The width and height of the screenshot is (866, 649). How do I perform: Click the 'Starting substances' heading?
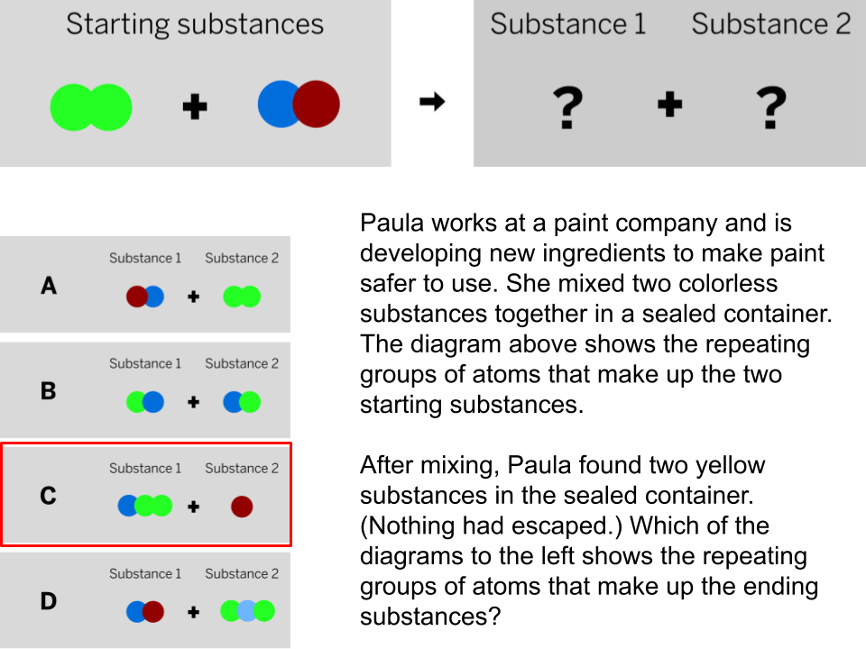pos(195,25)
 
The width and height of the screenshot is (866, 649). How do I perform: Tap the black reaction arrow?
pos(432,102)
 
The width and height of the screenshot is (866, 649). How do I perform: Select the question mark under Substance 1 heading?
pos(567,107)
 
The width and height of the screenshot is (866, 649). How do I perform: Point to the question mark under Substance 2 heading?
pos(771,107)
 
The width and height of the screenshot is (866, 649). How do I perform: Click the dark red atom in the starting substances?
pos(317,105)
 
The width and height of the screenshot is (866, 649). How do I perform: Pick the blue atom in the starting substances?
pos(274,105)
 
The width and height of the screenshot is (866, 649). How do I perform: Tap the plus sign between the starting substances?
pos(195,106)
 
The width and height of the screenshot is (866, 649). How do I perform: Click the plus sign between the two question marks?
pos(670,105)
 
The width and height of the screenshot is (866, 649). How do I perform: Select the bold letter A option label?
pos(49,286)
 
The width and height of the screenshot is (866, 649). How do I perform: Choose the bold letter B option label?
pos(48,391)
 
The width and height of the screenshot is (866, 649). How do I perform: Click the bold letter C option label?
pos(48,496)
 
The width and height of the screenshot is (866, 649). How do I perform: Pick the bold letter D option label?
pos(48,601)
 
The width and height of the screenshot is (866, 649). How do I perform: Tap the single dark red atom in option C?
pos(242,507)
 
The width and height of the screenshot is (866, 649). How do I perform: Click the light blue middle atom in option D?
pos(247,611)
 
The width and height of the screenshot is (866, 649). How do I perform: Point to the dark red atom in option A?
pos(135,297)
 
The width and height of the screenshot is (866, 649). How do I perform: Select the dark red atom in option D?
pos(153,611)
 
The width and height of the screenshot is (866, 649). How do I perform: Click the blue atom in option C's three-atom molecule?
pos(127,506)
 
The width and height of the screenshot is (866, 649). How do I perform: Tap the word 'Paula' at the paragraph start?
pos(392,224)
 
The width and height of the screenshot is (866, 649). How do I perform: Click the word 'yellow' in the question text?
pos(730,466)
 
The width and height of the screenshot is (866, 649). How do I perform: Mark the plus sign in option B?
pos(193,402)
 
